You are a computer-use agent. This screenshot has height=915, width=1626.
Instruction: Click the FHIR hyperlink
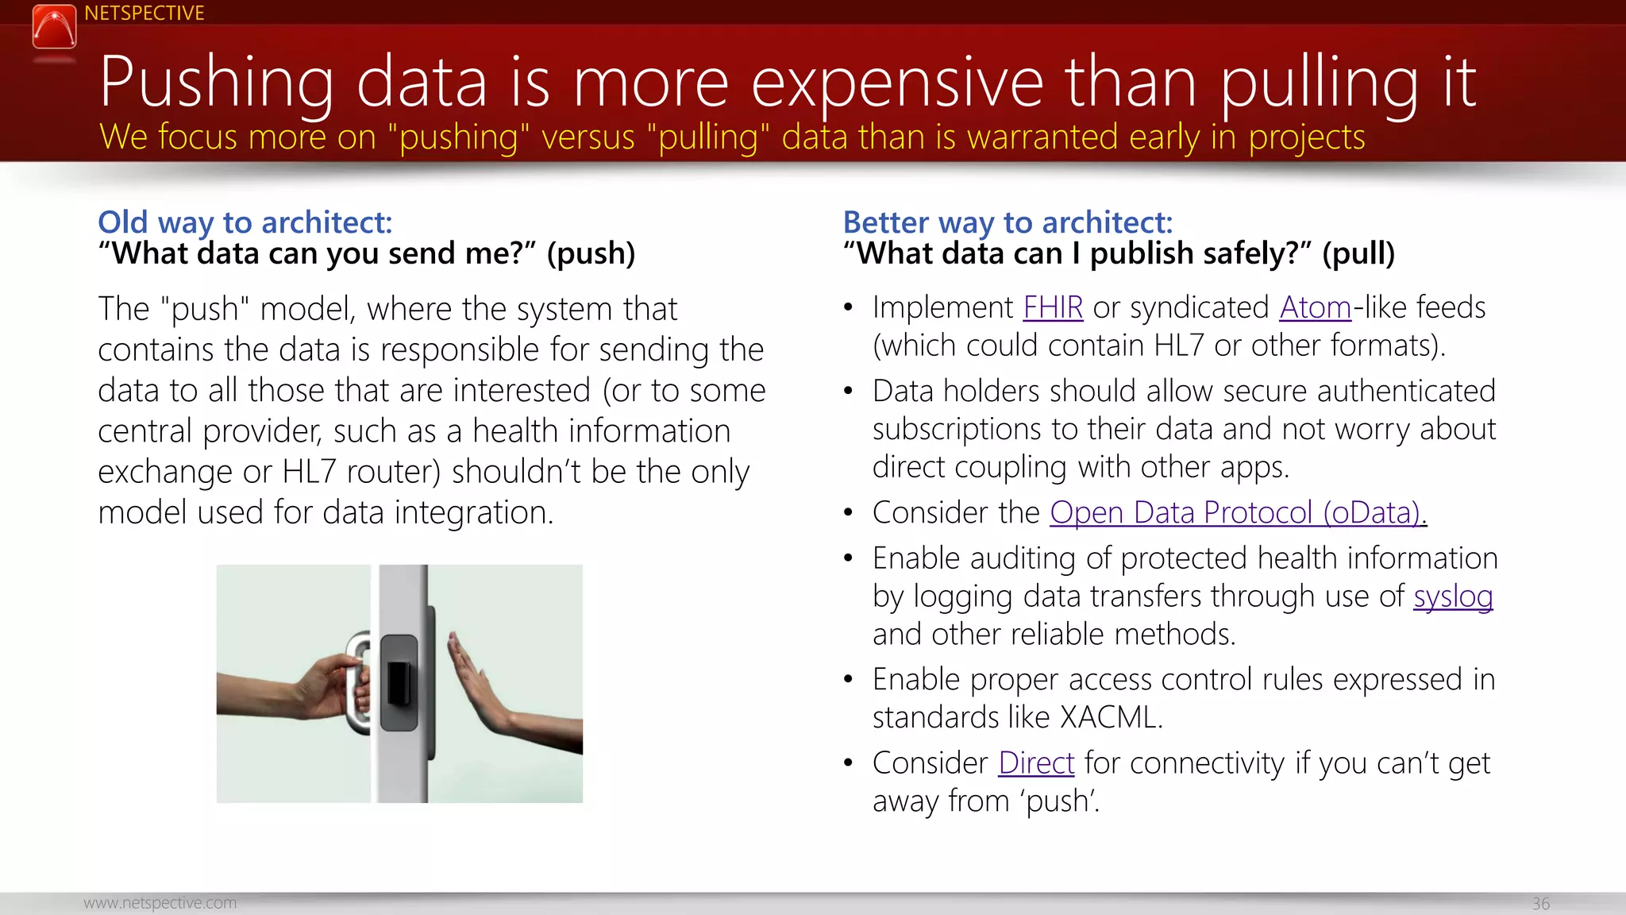[x=1053, y=307]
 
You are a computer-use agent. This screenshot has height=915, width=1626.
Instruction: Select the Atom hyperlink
[x=1315, y=307]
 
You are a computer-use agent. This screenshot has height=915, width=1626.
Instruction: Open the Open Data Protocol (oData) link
[x=1238, y=512]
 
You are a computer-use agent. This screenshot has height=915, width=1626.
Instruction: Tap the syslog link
[x=1453, y=596]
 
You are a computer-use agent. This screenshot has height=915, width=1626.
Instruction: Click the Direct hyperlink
[x=1036, y=762]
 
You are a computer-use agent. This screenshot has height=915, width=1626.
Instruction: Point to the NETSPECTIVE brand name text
[x=144, y=14]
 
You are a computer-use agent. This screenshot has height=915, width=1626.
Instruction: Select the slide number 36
[x=1540, y=903]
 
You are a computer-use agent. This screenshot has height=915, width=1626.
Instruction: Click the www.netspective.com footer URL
[x=160, y=903]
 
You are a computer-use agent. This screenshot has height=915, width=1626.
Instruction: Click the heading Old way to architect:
[x=245, y=222]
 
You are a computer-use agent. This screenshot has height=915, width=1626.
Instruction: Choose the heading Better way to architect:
[x=1008, y=222]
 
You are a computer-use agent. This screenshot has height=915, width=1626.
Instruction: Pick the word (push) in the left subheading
[x=591, y=253]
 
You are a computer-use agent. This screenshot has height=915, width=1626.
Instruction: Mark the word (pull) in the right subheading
[x=1358, y=253]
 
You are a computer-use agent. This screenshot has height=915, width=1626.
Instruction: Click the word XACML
[x=1111, y=717]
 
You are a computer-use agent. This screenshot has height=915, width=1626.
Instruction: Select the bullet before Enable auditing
[x=848, y=558]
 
